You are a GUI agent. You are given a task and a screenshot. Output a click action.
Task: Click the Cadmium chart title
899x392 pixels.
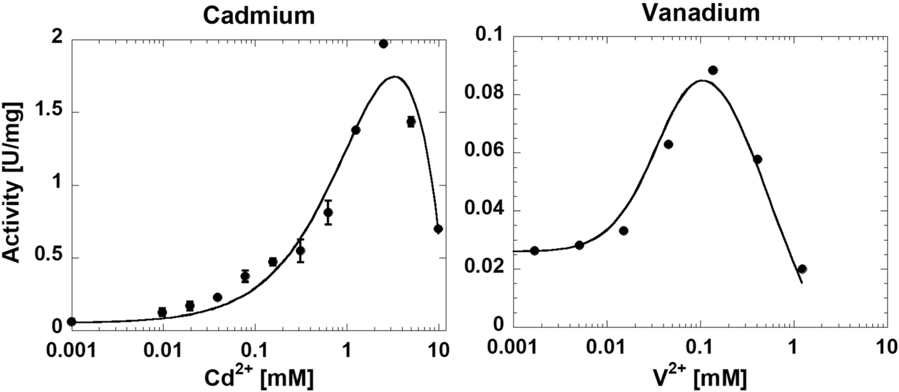(259, 15)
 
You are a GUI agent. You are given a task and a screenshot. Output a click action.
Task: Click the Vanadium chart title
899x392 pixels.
(701, 13)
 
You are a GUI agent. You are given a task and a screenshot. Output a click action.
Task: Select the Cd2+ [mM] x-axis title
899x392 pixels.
(258, 377)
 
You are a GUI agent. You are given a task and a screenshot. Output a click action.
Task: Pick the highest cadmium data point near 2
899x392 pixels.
(383, 44)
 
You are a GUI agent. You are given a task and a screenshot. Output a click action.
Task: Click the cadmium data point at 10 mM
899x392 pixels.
(438, 229)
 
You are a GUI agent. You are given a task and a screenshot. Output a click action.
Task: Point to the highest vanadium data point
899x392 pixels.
(713, 70)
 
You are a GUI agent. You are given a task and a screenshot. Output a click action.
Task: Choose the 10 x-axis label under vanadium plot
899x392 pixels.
(886, 347)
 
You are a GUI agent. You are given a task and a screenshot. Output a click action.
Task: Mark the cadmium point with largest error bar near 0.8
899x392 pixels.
(328, 212)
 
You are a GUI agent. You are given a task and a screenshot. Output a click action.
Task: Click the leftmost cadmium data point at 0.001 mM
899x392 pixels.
(71, 322)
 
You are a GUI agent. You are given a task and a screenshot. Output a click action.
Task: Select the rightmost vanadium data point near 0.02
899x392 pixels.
(802, 269)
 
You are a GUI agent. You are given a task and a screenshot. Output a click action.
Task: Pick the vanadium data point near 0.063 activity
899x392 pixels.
(668, 144)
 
